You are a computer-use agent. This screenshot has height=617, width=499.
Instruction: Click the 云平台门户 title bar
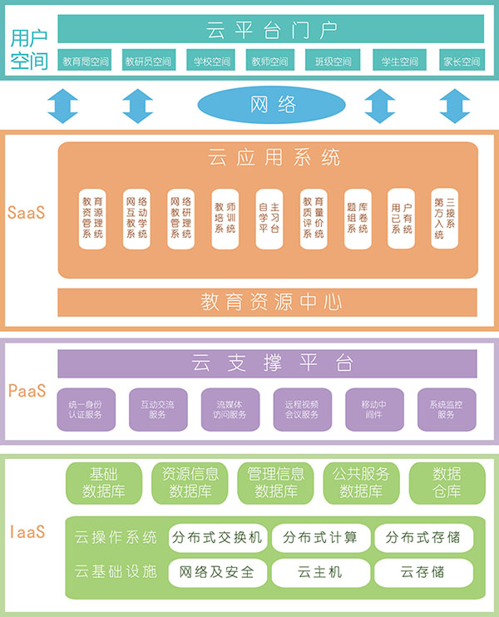pos(270,30)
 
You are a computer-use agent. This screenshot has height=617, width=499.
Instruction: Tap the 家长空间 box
pos(462,61)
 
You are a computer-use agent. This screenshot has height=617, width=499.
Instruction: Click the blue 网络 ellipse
pos(271,106)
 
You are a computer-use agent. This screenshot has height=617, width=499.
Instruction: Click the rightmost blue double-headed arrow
pos(455,106)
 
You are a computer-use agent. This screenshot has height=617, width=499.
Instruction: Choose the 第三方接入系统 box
pos(444,219)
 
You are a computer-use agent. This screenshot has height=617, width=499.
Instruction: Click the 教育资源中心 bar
pos(270,302)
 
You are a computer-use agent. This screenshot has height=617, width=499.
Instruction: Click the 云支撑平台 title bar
pos(270,363)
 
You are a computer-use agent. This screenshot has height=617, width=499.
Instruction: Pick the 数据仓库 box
pos(447,482)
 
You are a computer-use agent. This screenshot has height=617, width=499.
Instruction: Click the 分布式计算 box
pos(319,537)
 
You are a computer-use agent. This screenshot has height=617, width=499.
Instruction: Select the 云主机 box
pos(319,572)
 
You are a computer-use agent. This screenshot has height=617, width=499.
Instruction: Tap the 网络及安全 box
pos(216,572)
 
